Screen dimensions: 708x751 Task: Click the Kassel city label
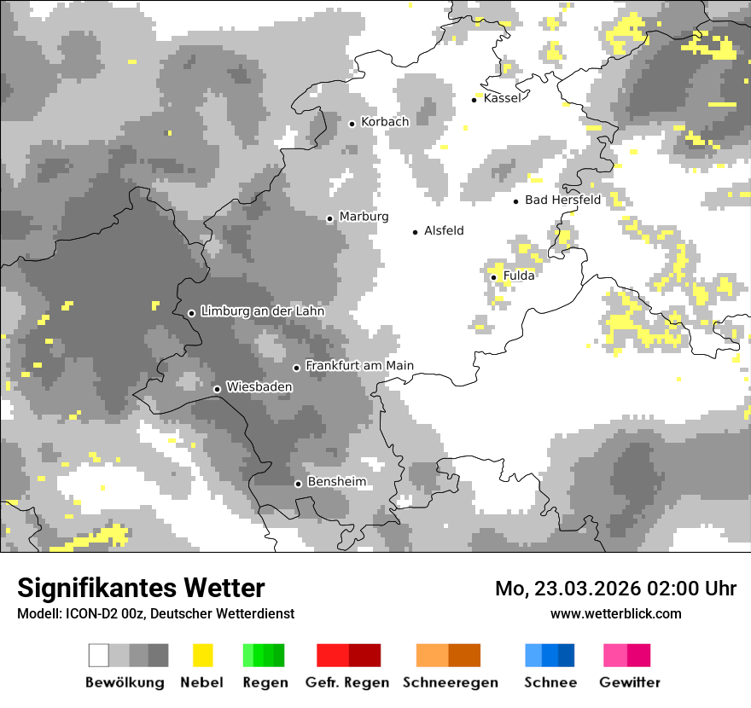click(502, 98)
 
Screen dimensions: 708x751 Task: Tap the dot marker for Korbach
click(352, 124)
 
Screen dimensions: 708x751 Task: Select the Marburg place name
click(364, 217)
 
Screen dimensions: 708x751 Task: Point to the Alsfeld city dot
click(416, 232)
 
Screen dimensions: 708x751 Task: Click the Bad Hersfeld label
click(562, 200)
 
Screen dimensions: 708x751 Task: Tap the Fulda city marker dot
click(494, 277)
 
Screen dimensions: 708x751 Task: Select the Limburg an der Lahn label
click(262, 311)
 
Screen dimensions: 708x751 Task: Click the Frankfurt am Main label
click(359, 366)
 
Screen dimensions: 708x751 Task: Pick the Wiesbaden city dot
click(218, 389)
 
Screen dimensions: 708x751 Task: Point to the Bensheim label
click(336, 482)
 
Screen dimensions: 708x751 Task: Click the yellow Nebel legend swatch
click(202, 655)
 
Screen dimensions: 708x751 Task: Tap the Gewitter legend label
click(629, 682)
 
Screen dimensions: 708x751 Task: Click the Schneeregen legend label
click(450, 682)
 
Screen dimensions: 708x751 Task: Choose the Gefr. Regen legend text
click(347, 682)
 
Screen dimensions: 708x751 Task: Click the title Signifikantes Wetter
click(141, 588)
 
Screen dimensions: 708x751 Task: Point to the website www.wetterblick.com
click(615, 613)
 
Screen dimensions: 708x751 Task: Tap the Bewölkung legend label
click(125, 682)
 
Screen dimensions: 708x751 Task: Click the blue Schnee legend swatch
click(550, 655)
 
